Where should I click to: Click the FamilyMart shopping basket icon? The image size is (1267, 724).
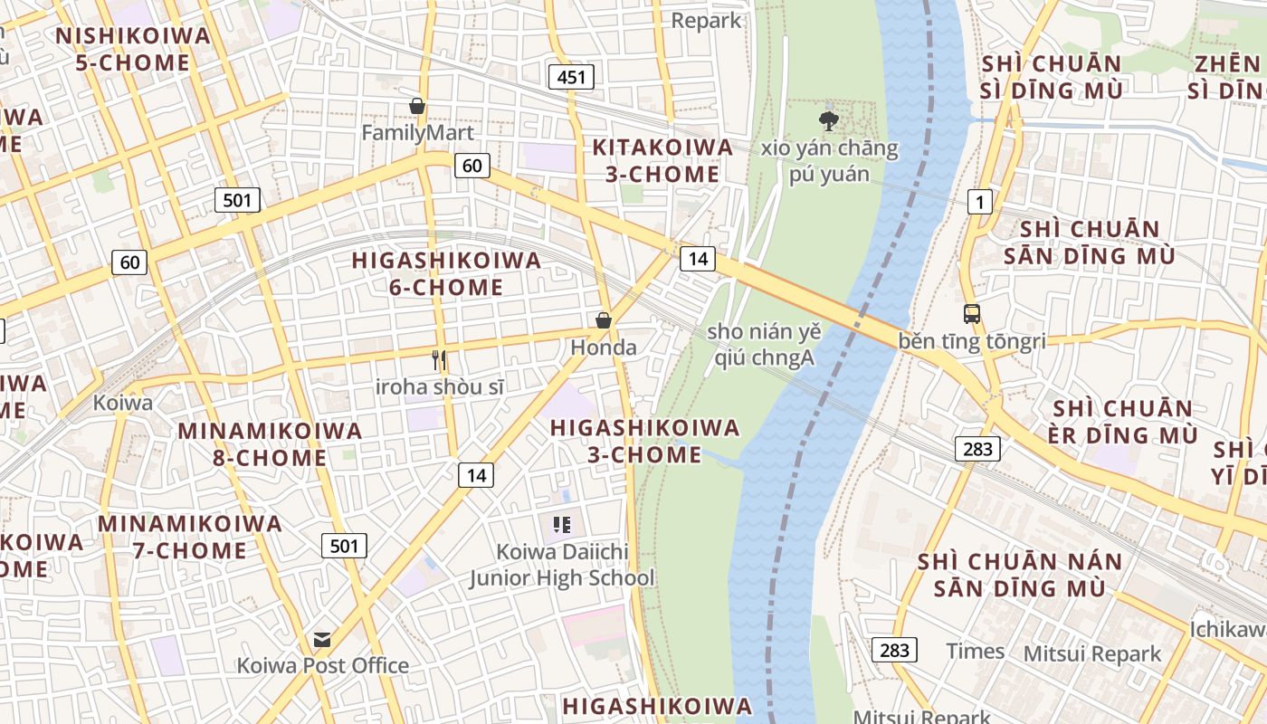[x=417, y=106]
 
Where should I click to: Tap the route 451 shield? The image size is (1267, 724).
[x=571, y=77]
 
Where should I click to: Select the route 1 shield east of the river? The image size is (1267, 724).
[x=979, y=202]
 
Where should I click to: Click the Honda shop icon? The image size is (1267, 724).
[x=604, y=320]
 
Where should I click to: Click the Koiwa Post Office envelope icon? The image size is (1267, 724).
[x=322, y=640]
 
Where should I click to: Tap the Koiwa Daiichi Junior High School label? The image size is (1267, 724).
[x=561, y=565]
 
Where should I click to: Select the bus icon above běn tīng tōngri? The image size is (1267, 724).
[x=972, y=314]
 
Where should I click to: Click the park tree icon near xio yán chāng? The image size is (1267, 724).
[x=828, y=120]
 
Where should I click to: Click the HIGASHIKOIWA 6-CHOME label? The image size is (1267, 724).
[x=446, y=273]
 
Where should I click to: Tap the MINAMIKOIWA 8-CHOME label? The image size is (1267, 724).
[x=270, y=443]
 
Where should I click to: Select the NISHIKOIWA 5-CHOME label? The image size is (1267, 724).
[x=133, y=49]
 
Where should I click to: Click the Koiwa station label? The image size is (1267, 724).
[x=123, y=403]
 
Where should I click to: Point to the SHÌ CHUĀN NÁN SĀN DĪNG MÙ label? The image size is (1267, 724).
[x=1020, y=575]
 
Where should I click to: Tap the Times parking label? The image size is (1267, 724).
[x=975, y=651]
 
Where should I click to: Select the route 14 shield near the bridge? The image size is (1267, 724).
[x=698, y=259]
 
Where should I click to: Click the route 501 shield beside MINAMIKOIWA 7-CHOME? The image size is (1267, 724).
[x=344, y=546]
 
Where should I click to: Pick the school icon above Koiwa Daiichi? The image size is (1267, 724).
[x=562, y=524]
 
